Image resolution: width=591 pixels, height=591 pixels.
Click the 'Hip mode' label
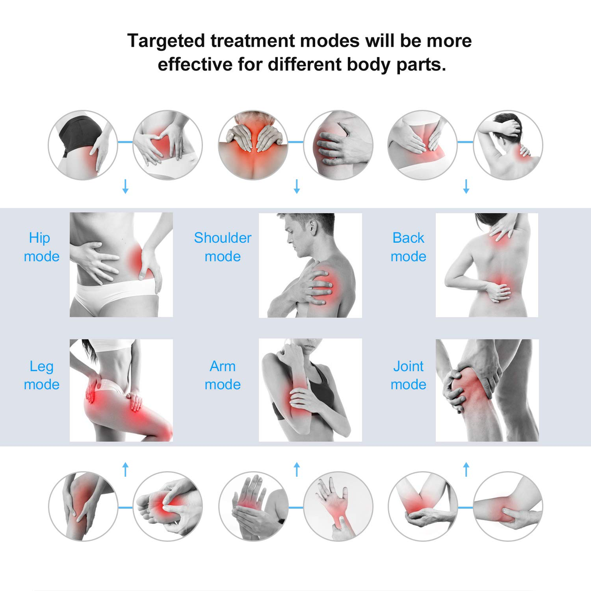pyautogui.click(x=42, y=247)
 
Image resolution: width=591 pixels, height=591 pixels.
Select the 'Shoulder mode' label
pyautogui.click(x=223, y=247)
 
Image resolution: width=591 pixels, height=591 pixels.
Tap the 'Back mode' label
pyautogui.click(x=408, y=247)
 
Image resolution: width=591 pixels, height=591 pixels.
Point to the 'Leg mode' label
pyautogui.click(x=42, y=375)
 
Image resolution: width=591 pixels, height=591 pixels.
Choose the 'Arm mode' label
pyautogui.click(x=223, y=375)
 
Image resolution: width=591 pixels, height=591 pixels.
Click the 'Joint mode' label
pyautogui.click(x=408, y=375)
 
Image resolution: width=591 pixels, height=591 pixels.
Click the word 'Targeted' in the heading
pyautogui.click(x=166, y=41)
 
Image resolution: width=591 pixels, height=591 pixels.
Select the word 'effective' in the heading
pyautogui.click(x=195, y=65)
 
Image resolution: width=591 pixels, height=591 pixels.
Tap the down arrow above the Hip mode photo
pyautogui.click(x=125, y=187)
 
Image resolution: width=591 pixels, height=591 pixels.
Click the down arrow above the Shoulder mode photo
pyautogui.click(x=296, y=187)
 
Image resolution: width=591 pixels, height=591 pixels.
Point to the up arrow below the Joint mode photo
pyautogui.click(x=466, y=469)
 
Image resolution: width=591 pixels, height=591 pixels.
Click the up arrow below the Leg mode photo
pyautogui.click(x=125, y=469)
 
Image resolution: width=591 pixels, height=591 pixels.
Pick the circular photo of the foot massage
pyautogui.click(x=167, y=506)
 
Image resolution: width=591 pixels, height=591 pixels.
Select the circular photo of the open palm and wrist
pyautogui.click(x=338, y=506)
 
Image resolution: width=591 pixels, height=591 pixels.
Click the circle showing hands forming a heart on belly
pyautogui.click(x=167, y=145)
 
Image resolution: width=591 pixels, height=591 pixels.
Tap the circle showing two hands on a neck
pyautogui.click(x=253, y=145)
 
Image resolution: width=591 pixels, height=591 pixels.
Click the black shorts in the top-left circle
pyautogui.click(x=80, y=132)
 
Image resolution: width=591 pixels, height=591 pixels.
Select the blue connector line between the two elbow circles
pyautogui.click(x=465, y=508)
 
